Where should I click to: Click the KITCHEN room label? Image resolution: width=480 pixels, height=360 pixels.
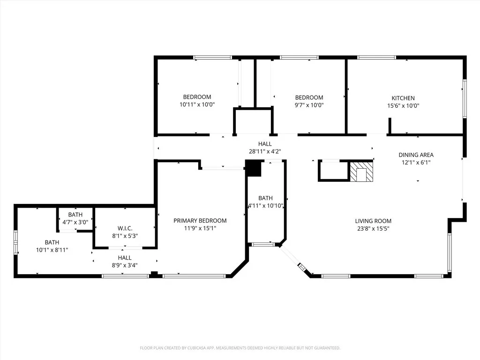coord(403,98)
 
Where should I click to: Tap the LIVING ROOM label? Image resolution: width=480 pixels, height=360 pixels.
coord(373,221)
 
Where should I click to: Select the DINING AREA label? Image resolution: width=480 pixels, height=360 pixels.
coord(416,155)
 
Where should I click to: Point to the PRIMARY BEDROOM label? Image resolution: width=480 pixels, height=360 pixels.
coord(200,220)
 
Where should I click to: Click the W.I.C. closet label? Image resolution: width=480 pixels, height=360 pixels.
coord(125,228)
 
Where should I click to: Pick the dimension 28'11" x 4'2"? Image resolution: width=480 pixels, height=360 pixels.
coord(265,151)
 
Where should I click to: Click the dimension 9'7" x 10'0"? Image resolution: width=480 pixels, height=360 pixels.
coord(309,105)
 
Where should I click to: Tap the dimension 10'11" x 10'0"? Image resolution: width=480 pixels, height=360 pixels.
coord(197,105)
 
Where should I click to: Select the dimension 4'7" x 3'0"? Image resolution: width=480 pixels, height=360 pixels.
coord(75,222)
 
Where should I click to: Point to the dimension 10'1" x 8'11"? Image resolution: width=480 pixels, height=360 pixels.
coord(52,250)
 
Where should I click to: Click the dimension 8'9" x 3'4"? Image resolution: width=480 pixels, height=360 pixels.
coord(125,265)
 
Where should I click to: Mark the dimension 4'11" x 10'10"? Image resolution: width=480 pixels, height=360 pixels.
coord(265,206)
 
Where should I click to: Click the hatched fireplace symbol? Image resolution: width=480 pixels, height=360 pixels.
coord(361,172)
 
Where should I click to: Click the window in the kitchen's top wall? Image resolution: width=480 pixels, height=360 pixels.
coord(376,57)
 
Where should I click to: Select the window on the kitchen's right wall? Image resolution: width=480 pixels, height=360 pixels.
coord(465,98)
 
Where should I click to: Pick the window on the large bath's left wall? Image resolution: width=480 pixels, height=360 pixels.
coord(15,242)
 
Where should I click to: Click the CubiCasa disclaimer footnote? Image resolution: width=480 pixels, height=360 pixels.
coord(240,348)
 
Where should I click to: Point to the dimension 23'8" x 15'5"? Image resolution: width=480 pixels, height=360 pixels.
coord(373,228)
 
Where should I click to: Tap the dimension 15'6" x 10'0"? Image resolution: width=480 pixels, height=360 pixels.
coord(403,105)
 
